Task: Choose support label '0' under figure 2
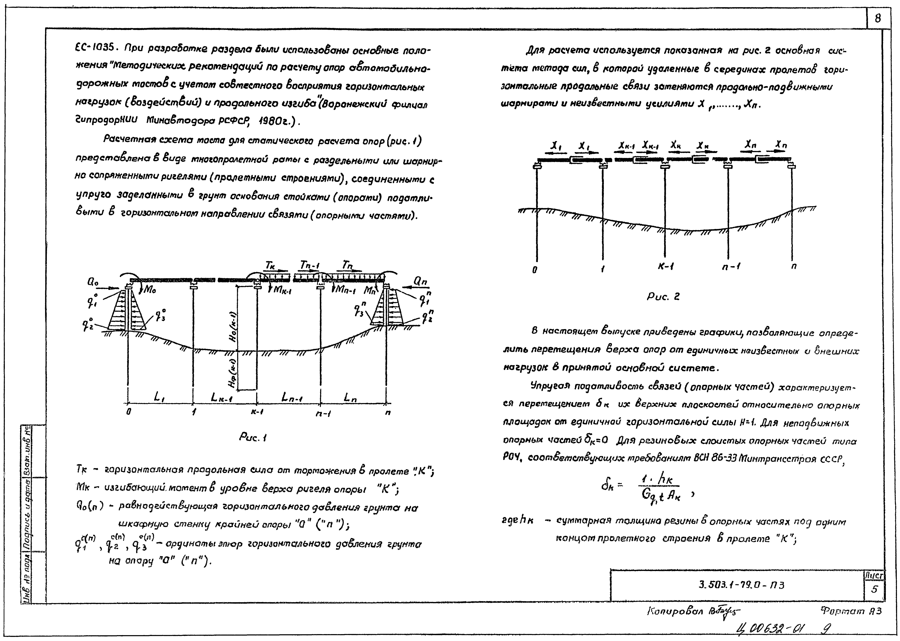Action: coord(535,270)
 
